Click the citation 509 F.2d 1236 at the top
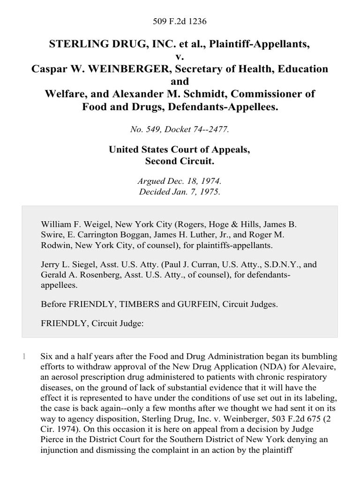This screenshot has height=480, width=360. [x=180, y=22]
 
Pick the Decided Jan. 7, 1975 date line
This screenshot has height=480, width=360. [x=180, y=191]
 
